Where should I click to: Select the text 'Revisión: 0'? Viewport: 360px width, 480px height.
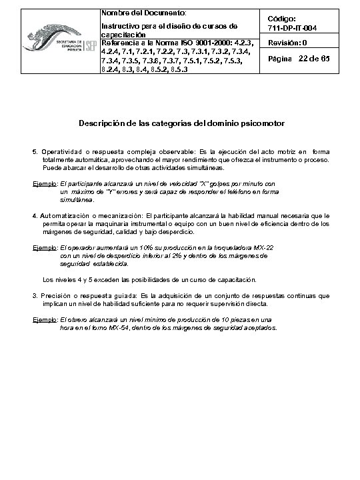tap(287, 43)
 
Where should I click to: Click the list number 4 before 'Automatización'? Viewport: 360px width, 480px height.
tap(35, 215)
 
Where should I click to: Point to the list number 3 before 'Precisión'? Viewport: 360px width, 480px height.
tap(35, 294)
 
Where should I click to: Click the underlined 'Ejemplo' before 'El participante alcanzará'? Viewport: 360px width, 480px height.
tap(44, 182)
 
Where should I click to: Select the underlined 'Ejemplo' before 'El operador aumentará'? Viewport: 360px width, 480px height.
tap(44, 247)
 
